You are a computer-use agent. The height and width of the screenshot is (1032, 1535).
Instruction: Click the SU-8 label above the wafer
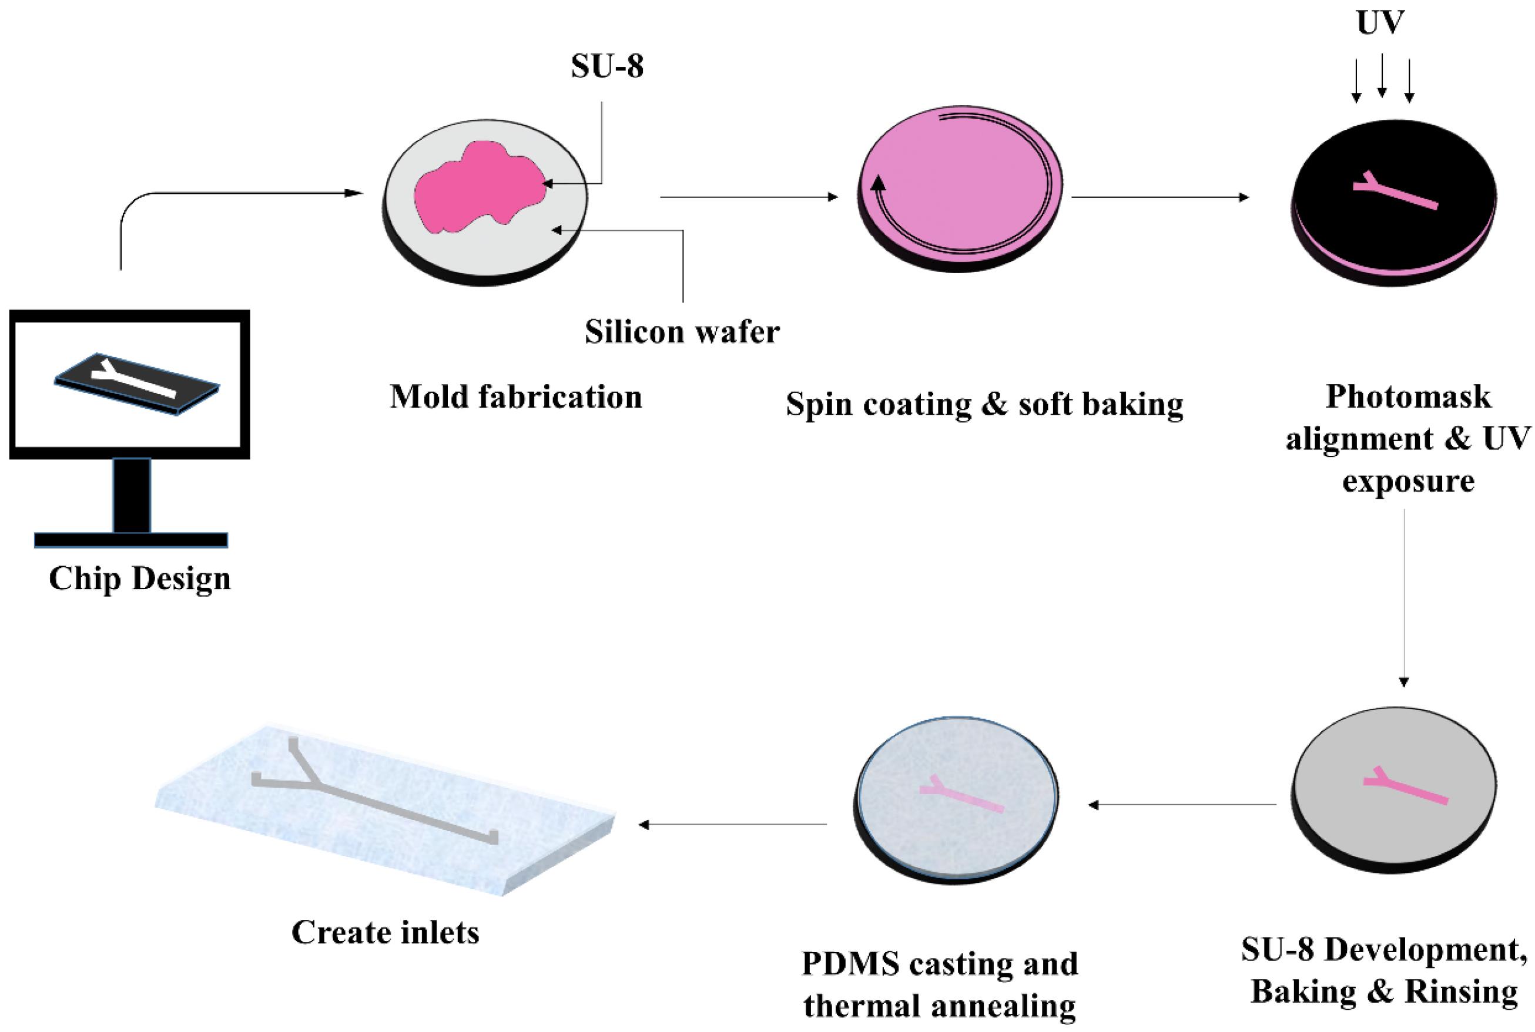606,66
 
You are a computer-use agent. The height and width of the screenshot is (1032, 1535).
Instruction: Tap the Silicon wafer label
682,332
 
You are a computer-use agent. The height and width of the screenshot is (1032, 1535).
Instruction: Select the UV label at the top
1380,23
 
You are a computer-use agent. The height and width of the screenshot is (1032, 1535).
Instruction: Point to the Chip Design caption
140,579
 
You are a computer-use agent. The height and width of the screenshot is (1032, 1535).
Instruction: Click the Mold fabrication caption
515,397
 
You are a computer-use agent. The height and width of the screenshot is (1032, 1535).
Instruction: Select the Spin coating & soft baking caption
984,404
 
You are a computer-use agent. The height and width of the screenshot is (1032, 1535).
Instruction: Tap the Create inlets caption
386,933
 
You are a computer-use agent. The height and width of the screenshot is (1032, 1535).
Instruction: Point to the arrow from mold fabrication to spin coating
748,196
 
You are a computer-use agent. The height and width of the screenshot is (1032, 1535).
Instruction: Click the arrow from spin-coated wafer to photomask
1159,196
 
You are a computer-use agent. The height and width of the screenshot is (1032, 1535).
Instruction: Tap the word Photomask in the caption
1408,397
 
